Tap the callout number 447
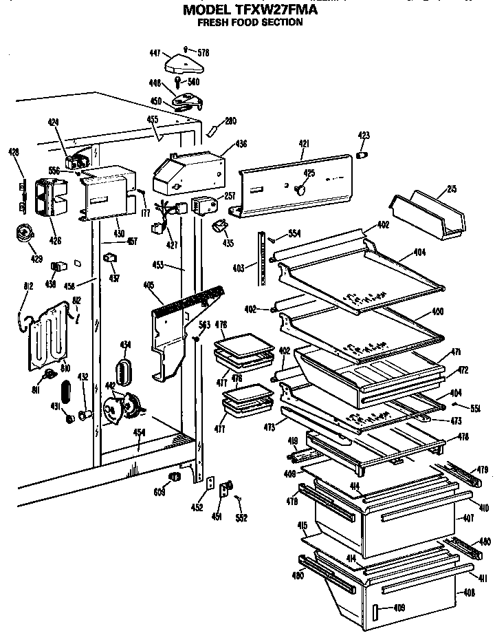(155, 52)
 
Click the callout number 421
(304, 143)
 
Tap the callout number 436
(241, 144)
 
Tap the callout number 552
(241, 517)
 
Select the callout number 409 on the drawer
(399, 607)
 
